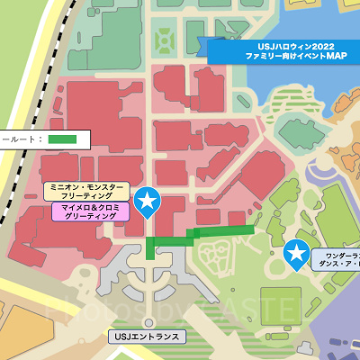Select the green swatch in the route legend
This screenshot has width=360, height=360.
tap(62, 139)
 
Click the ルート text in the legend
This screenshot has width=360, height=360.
tap(20, 139)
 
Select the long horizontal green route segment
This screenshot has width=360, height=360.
tap(225, 231)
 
